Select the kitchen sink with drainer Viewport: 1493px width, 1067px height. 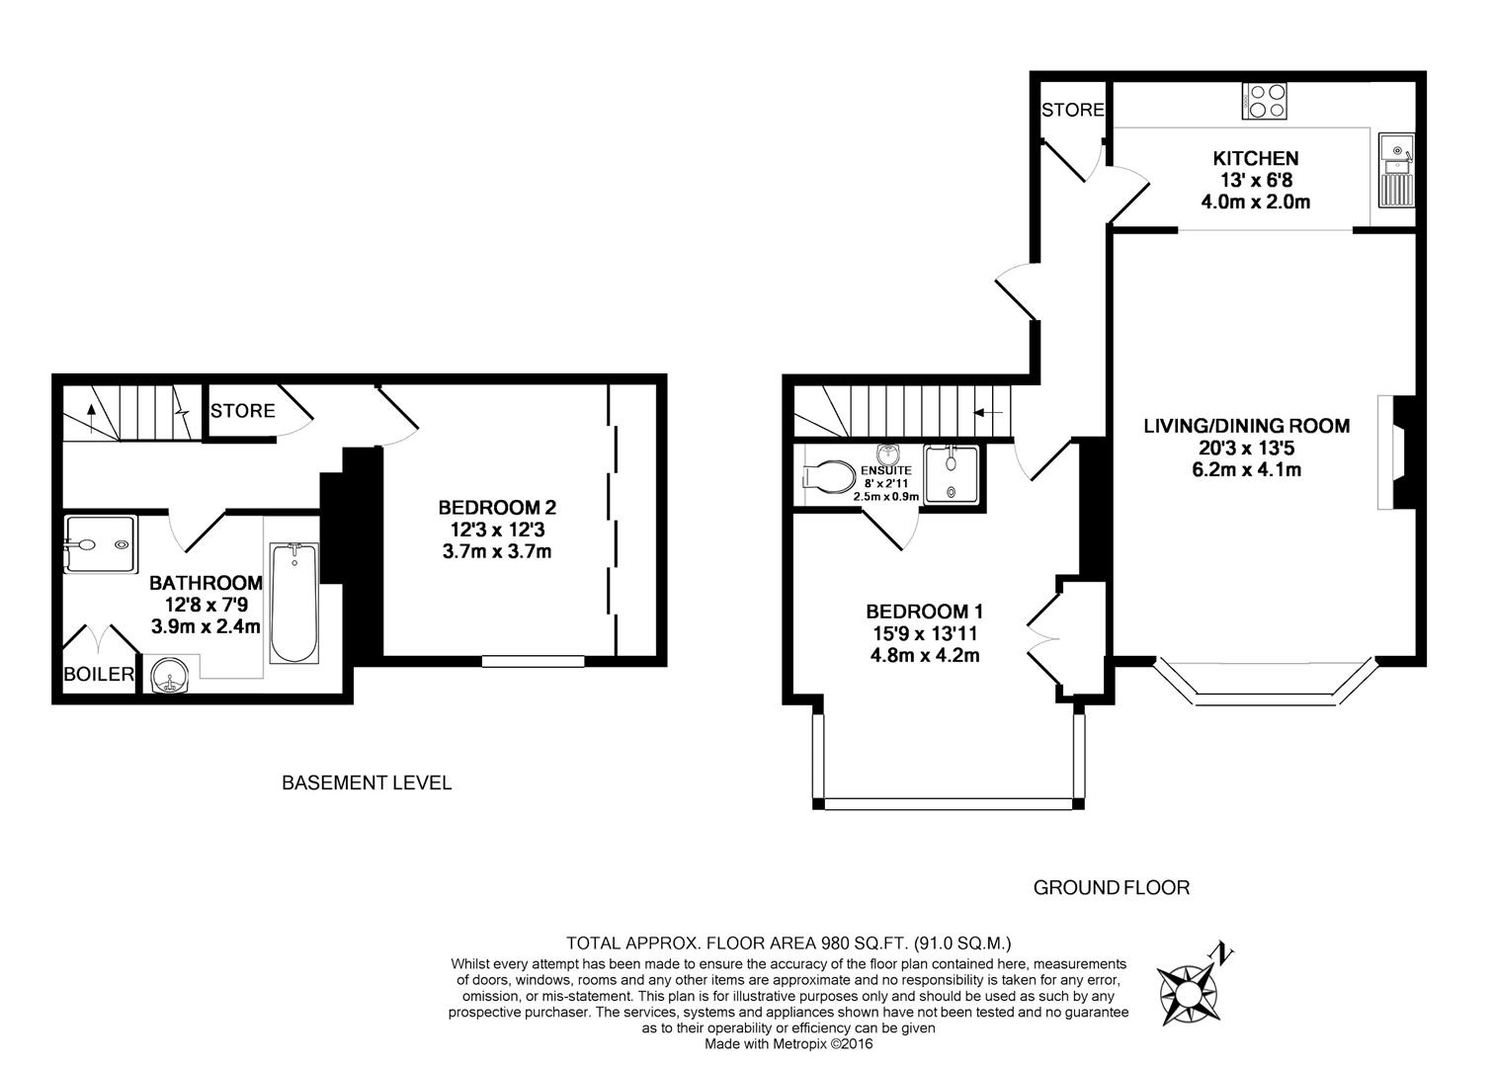1397,174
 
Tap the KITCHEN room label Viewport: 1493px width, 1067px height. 1255,158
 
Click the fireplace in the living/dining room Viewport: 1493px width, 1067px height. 1393,452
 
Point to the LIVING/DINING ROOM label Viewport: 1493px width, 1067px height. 1246,426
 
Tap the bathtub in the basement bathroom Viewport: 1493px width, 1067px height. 293,603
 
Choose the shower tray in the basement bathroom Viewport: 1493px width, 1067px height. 96,544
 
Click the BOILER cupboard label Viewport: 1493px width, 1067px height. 99,675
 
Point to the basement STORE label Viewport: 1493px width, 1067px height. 242,411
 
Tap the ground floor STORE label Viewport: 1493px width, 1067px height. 1072,110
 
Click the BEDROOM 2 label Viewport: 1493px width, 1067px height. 497,507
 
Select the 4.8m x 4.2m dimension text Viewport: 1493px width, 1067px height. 924,655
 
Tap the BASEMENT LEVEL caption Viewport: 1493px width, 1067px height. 367,783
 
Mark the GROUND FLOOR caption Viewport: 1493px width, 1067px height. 1111,887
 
